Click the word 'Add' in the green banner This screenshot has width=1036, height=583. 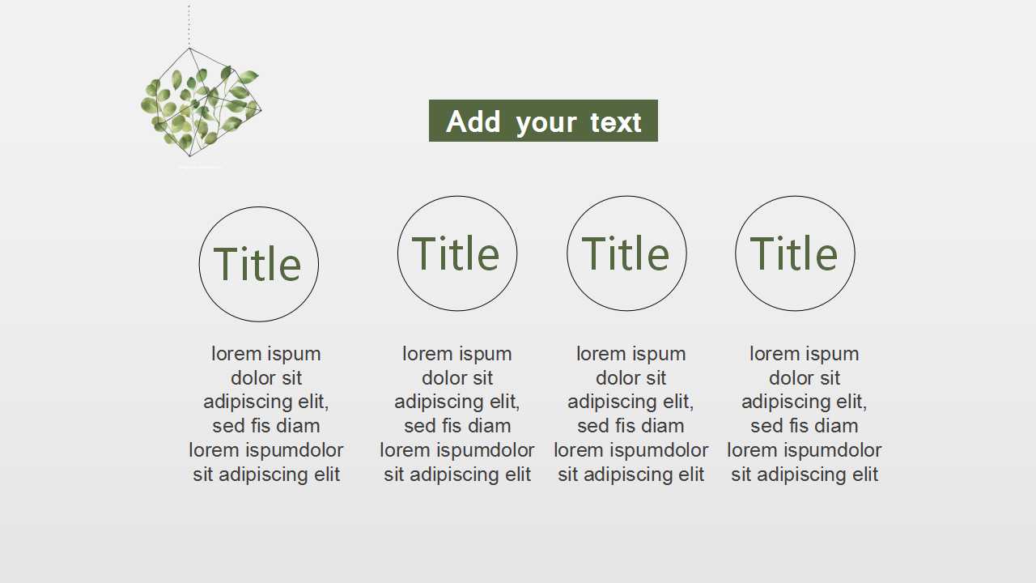pyautogui.click(x=473, y=121)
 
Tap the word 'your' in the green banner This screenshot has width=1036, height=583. pyautogui.click(x=546, y=124)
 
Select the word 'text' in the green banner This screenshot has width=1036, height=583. pyautogui.click(x=616, y=122)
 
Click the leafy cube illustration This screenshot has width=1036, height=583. pyautogui.click(x=201, y=103)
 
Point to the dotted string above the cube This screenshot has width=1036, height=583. pyautogui.click(x=189, y=24)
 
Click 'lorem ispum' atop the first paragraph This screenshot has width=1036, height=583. pyautogui.click(x=266, y=354)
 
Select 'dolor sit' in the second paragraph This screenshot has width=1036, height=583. pyautogui.click(x=457, y=378)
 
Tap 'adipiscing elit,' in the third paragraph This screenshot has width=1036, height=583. pyautogui.click(x=631, y=402)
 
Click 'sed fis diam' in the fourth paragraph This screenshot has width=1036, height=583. pyautogui.click(x=805, y=426)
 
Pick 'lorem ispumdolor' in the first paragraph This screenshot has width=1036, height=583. pyautogui.click(x=266, y=450)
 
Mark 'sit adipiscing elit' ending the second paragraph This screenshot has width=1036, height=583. pyautogui.click(x=457, y=474)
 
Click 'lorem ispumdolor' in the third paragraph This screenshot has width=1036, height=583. pyautogui.click(x=631, y=450)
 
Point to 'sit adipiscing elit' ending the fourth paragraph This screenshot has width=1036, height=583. pyautogui.click(x=805, y=474)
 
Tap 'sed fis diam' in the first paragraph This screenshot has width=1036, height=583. pyautogui.click(x=266, y=426)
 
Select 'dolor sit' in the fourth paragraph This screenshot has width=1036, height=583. pyautogui.click(x=805, y=378)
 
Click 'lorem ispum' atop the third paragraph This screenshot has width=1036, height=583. pyautogui.click(x=631, y=354)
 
